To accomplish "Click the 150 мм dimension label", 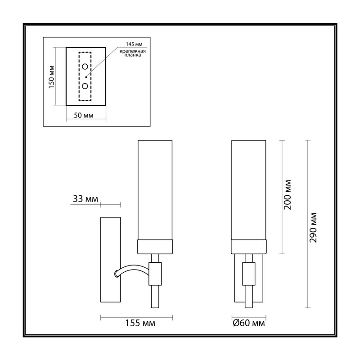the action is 51,77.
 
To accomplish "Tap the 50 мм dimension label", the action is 84,115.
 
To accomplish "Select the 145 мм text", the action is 134,44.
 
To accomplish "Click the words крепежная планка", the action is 133,53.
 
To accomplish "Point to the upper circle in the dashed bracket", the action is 85,67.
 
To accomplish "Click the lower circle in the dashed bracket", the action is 85,86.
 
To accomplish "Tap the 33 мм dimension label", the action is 85,199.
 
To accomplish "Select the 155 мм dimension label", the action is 140,323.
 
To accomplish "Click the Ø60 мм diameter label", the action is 249,323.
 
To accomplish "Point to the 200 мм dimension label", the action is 288,195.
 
